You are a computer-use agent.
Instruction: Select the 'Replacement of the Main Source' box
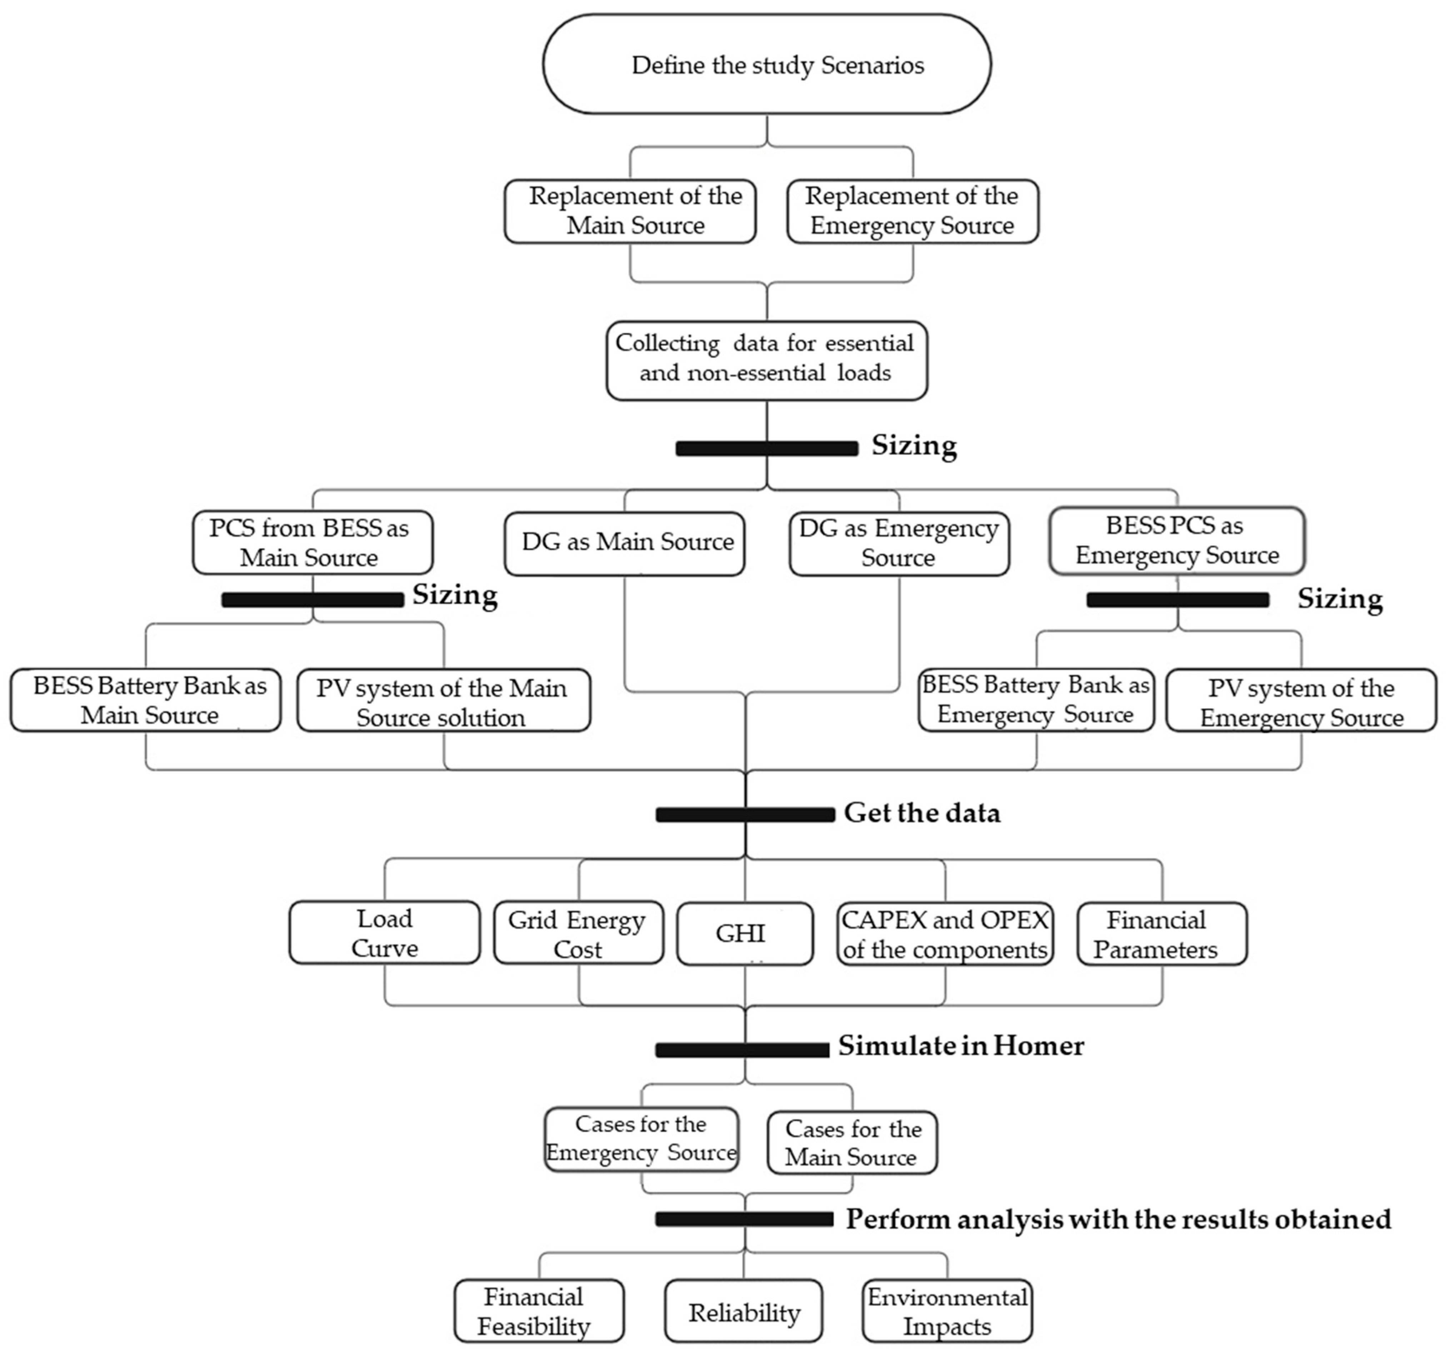click(x=630, y=211)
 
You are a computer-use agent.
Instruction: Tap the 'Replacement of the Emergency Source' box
click(x=912, y=211)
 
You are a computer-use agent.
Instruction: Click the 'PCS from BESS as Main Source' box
click(x=313, y=542)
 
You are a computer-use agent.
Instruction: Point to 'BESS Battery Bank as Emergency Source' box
click(x=1036, y=700)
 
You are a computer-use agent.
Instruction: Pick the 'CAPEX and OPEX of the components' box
click(x=945, y=934)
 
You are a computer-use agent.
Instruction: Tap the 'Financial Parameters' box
click(x=1162, y=934)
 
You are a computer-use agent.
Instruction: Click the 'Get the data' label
click(x=922, y=812)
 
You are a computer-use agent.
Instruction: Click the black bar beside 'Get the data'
click(x=745, y=815)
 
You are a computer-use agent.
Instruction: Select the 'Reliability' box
click(x=744, y=1312)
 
